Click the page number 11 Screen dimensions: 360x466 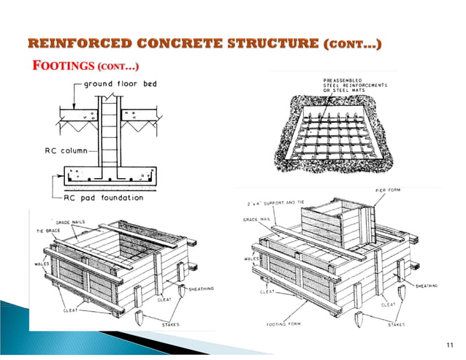click(x=449, y=344)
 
